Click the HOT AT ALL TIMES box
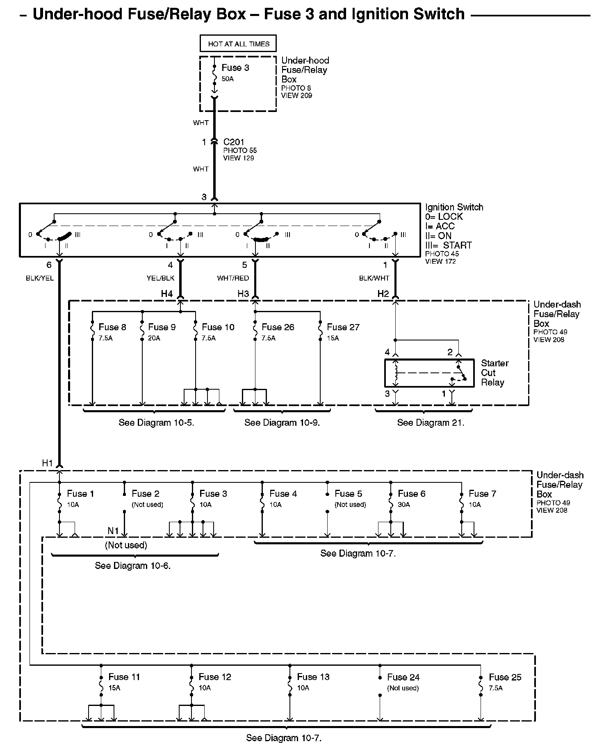(238, 44)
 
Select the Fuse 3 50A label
(235, 72)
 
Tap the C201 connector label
(234, 142)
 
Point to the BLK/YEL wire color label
(40, 278)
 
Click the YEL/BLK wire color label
(160, 278)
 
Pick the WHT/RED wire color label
(233, 278)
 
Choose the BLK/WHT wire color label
(374, 278)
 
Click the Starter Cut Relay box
(429, 373)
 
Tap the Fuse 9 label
(162, 327)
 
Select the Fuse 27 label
(343, 327)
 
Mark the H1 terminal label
(48, 463)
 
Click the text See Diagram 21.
(431, 422)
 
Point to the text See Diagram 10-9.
(282, 422)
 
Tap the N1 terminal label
(113, 531)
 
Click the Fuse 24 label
(403, 677)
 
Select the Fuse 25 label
(505, 677)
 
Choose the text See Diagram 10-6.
(132, 566)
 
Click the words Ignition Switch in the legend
(454, 207)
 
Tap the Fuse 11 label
(124, 677)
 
